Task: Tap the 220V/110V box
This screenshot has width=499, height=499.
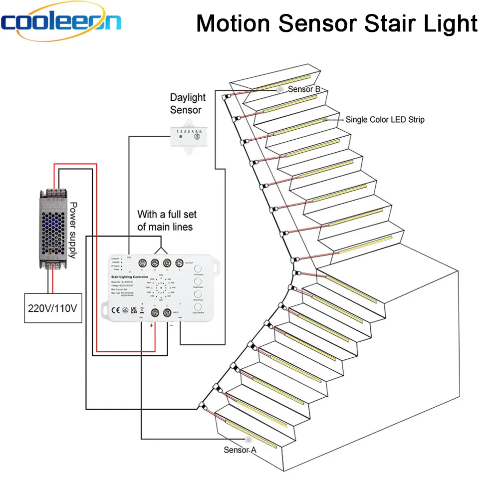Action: click(53, 308)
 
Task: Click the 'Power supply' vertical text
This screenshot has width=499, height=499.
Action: click(73, 230)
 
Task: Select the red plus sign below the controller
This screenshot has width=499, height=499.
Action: click(152, 325)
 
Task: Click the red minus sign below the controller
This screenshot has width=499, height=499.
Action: click(171, 325)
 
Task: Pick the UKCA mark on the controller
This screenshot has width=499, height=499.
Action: click(133, 309)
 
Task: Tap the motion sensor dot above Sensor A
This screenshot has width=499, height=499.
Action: click(249, 440)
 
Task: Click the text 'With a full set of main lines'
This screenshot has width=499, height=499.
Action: click(167, 221)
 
